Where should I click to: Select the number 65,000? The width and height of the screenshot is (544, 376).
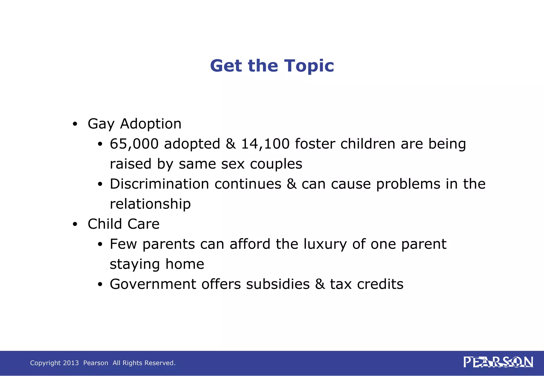coord(134,144)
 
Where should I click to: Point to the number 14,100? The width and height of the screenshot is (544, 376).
coord(265,144)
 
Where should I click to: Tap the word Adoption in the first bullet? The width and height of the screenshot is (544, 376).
coord(151,124)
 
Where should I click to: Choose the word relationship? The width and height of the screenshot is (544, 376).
coord(150,204)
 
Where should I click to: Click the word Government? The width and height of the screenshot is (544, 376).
coord(153,284)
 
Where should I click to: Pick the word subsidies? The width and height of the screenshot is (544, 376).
coord(278,284)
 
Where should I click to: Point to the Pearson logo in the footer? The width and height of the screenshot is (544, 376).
coord(498,362)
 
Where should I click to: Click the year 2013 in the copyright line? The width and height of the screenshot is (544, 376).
coord(71,363)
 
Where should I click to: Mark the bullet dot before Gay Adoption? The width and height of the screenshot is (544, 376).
coord(75,124)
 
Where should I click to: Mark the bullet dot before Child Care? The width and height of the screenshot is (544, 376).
coord(75,224)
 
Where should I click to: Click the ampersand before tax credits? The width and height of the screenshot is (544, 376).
coord(320,284)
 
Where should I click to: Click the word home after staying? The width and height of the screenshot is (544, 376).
coord(185,264)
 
